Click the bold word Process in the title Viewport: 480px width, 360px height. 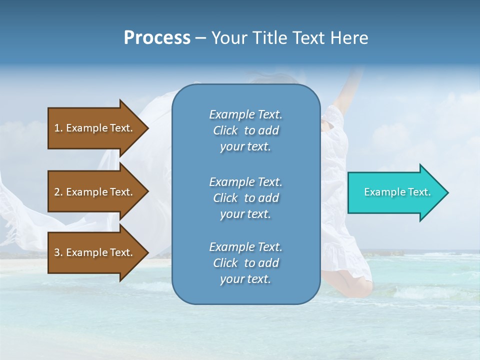click(157, 38)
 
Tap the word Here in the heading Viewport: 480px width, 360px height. click(349, 38)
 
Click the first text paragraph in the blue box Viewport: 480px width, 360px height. click(245, 130)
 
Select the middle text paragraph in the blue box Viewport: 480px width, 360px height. click(245, 197)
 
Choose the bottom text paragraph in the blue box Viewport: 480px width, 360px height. click(245, 263)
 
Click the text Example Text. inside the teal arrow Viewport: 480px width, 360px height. click(397, 192)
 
